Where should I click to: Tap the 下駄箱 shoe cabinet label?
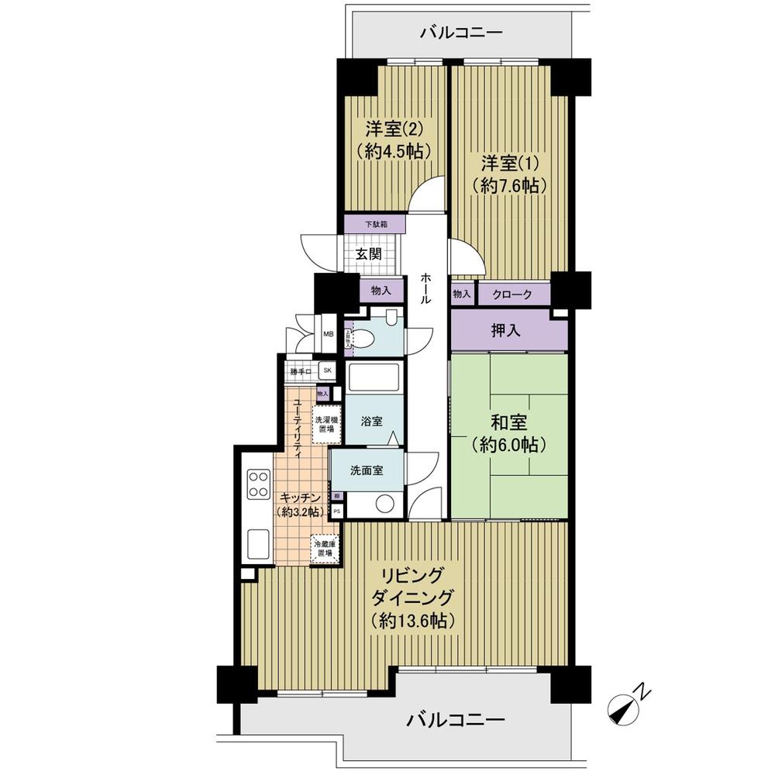pos(375,225)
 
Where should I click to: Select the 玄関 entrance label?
pos(368,253)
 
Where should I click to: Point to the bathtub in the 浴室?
pos(374,379)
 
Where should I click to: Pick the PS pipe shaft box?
pos(337,511)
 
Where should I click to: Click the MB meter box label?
pos(328,334)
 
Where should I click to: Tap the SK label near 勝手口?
pos(327,371)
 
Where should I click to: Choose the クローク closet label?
pos(512,294)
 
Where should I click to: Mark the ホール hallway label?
pos(426,290)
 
